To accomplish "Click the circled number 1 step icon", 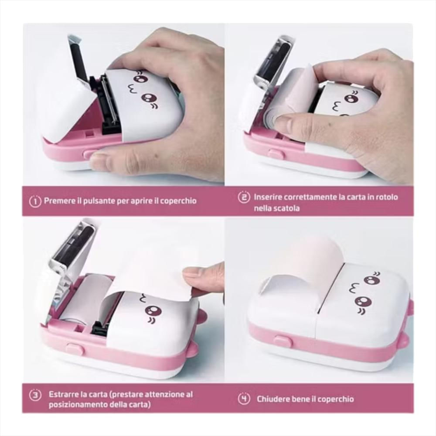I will coord(35,201).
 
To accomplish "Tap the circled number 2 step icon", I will coord(244,197).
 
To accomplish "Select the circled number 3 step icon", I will coord(35,395).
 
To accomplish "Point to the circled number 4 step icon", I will coord(244,399).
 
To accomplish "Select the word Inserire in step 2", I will coord(269,197).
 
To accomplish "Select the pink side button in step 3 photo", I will coord(74,348).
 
